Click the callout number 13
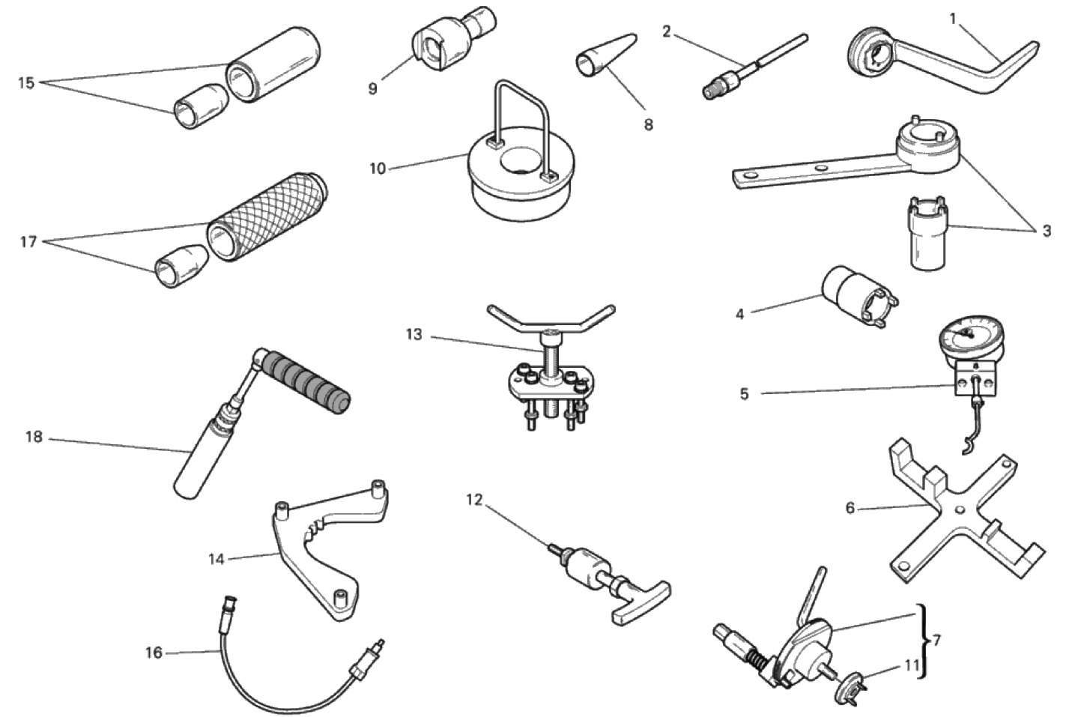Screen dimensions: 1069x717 coord(414,335)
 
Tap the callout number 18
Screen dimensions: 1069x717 coord(34,437)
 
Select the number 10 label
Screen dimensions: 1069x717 coord(378,169)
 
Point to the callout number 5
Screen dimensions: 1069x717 coord(745,394)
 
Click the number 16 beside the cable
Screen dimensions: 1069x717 coord(154,653)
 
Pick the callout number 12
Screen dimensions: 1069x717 coord(474,499)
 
